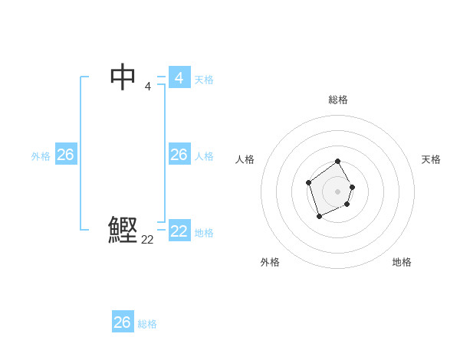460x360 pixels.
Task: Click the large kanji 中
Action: (123, 77)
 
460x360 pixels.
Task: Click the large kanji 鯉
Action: (123, 230)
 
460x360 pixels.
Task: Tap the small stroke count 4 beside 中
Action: (148, 86)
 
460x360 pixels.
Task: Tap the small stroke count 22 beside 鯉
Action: (147, 239)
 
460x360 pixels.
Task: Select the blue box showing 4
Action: (179, 78)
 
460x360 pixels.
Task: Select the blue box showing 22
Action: (179, 231)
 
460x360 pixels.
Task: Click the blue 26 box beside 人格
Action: (179, 155)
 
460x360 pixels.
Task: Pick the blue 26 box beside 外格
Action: (65, 155)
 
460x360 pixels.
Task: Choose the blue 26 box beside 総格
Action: (123, 322)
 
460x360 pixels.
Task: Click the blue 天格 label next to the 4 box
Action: (204, 80)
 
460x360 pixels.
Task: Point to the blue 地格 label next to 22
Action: (204, 233)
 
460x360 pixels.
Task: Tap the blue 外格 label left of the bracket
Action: (41, 156)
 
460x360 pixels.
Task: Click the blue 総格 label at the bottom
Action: (147, 324)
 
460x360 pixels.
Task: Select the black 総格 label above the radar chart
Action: (337, 100)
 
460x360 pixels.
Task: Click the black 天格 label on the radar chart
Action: (431, 159)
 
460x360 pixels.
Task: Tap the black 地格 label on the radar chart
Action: (402, 262)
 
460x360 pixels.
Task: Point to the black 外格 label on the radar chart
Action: (270, 262)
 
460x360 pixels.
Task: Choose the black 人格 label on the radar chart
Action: (245, 159)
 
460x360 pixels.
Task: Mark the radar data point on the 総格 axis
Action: (338, 162)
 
